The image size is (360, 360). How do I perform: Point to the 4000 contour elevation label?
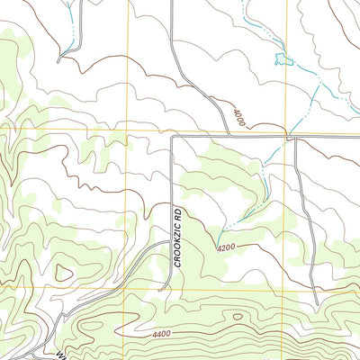tap(238, 118)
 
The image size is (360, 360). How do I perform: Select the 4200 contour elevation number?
tap(225, 246)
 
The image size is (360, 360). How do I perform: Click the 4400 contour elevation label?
tap(161, 334)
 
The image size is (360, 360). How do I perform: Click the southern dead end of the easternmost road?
tap(316, 290)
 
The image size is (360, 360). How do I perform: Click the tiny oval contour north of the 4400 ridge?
tap(237, 316)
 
